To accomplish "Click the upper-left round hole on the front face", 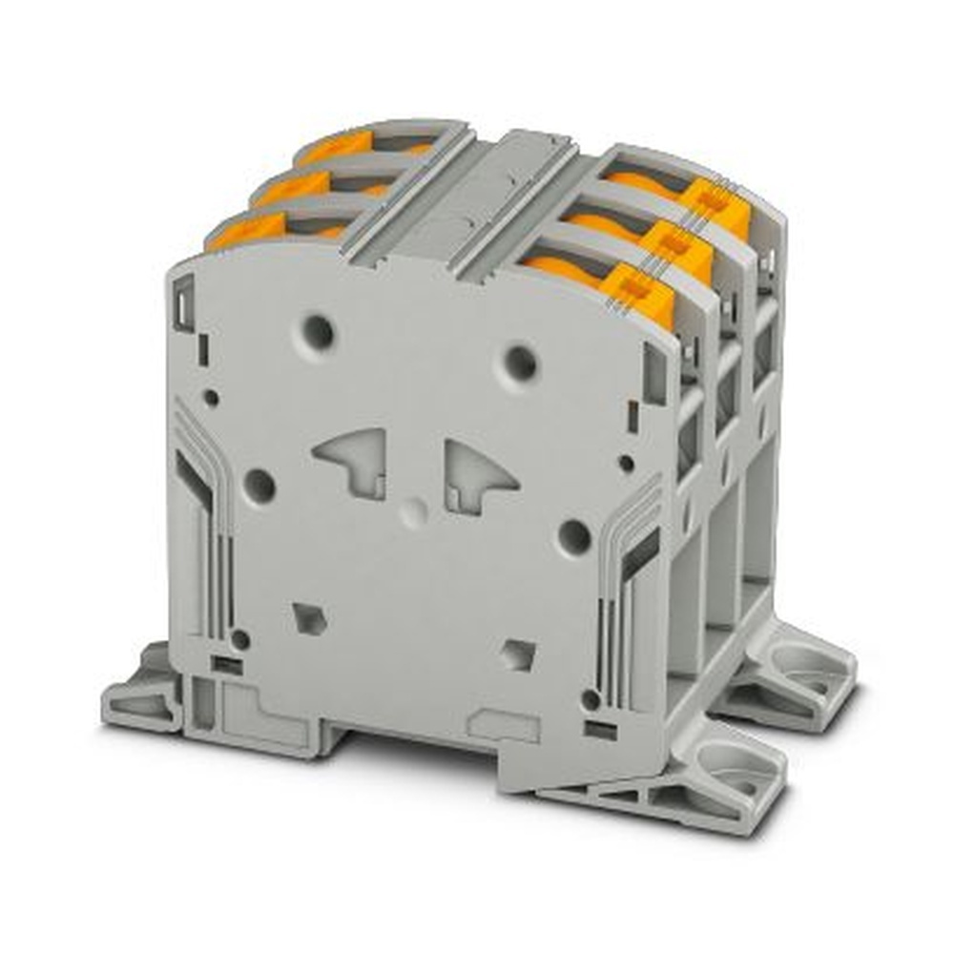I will (318, 333).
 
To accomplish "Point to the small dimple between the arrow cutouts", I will (412, 512).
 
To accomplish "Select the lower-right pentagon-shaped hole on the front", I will (518, 654).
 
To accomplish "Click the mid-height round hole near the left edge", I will (259, 486).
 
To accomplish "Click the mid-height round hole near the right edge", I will (574, 538).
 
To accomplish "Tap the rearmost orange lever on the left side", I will (329, 147).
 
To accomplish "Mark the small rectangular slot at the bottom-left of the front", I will (226, 665).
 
